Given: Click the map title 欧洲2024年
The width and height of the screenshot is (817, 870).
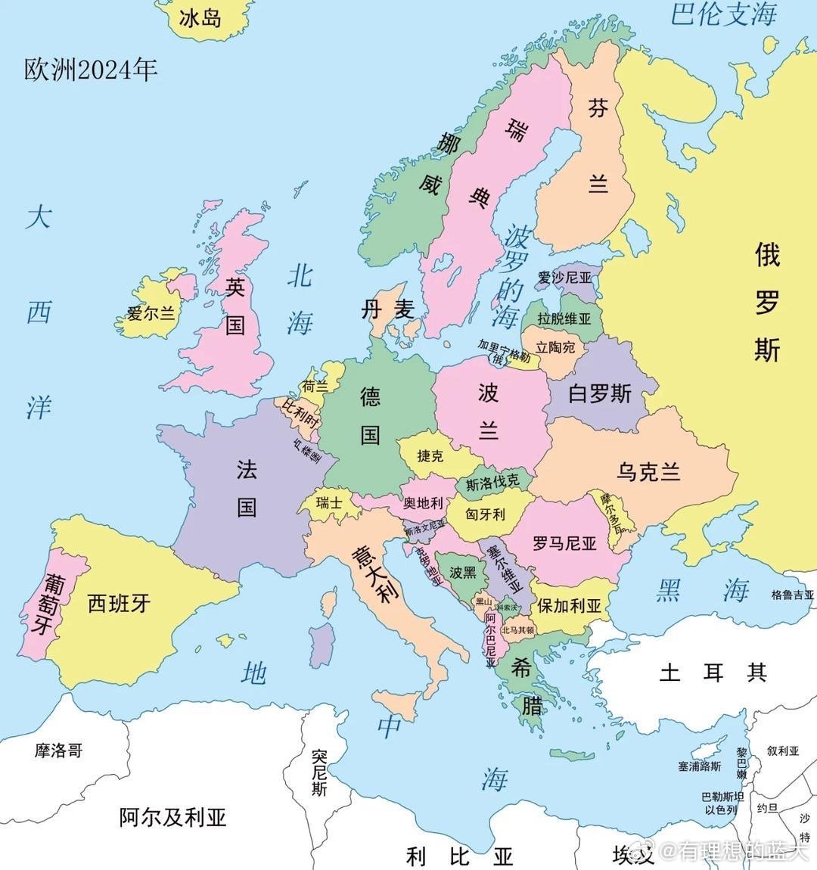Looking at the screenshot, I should [91, 70].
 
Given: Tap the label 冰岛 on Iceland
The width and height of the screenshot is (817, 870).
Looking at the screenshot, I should [201, 17].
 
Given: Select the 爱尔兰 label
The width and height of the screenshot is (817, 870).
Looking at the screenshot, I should [151, 312].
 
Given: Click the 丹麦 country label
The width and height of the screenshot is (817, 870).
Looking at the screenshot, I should [387, 309].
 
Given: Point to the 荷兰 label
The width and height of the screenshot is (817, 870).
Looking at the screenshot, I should [315, 386].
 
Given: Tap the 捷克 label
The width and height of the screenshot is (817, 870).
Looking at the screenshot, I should [430, 455].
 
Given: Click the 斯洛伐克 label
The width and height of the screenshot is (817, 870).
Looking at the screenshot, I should [492, 483].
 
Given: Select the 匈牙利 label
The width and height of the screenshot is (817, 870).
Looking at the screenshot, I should [485, 514].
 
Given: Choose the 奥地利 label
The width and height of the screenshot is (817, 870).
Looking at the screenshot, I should [423, 503].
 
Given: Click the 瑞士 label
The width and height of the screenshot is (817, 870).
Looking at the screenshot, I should [329, 502].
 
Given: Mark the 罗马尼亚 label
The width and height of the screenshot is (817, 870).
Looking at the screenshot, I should [564, 543].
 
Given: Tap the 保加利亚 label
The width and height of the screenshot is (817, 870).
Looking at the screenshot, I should [570, 606].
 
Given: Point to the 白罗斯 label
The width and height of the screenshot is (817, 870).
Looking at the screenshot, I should [600, 393].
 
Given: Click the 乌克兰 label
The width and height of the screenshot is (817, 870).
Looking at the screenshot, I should [648, 472].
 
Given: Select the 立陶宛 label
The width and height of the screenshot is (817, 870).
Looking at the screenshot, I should [556, 347].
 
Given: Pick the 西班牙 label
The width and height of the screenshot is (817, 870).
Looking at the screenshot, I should [119, 603].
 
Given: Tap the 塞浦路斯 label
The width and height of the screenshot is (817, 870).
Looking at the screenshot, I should [700, 766].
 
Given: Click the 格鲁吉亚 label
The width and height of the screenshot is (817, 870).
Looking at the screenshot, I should [793, 595].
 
